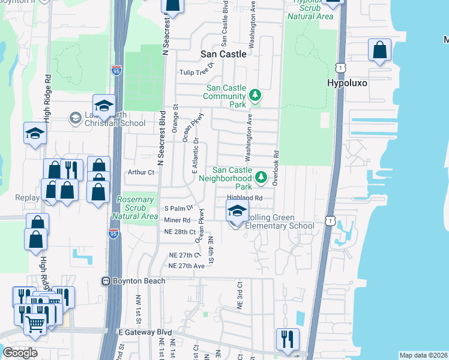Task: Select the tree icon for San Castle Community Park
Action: (255, 95)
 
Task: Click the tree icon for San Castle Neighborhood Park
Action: (261, 177)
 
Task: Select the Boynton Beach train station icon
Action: (106, 281)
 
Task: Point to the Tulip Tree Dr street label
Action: (197, 73)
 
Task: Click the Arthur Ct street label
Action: (141, 172)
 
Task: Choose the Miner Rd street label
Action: (176, 220)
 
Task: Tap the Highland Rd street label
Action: (244, 198)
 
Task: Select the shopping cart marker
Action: (35, 323)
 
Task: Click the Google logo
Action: (20, 353)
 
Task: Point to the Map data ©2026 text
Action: (423, 355)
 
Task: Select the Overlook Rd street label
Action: (276, 168)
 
